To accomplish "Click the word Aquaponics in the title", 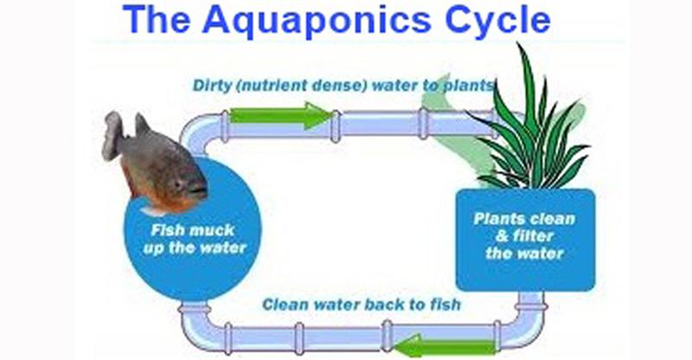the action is [316, 21].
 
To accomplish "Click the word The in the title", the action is [156, 19].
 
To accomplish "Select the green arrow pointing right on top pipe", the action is [281, 115].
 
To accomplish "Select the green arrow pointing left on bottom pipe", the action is [445, 345].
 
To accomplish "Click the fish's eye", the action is [178, 182].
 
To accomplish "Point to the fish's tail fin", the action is [113, 135].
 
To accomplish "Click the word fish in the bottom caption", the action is [445, 304].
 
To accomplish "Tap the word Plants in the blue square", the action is [496, 219].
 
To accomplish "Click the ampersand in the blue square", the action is [503, 236].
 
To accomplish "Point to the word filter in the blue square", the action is [533, 236].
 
